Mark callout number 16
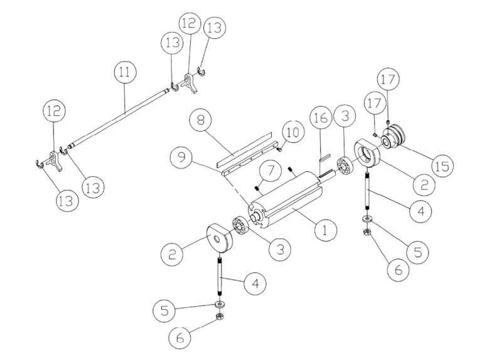pos(319,119)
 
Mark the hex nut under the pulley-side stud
pos(366,232)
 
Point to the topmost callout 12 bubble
pos(189,23)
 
